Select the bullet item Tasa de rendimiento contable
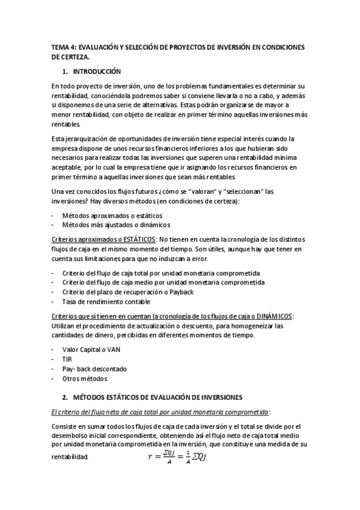pos(106,301)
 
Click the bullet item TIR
pos(67,358)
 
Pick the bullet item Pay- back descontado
pos(94,369)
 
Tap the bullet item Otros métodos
pos(84,378)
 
